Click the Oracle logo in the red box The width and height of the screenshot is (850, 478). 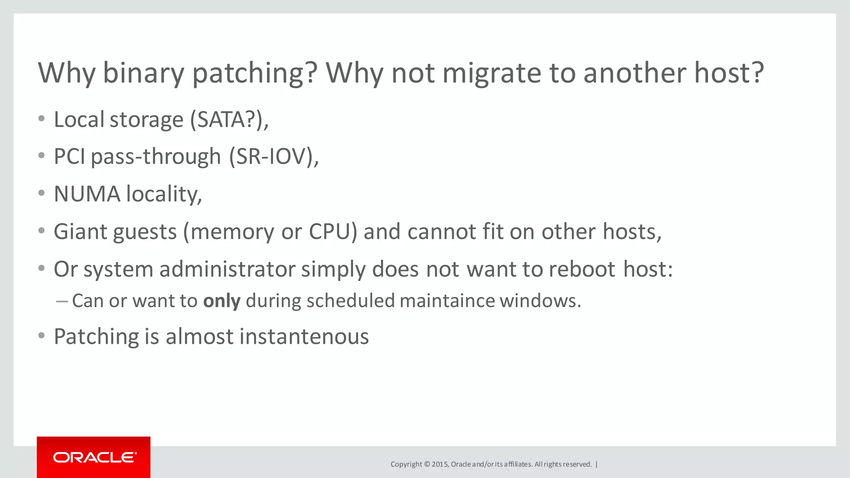point(94,457)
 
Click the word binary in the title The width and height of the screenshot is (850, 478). point(143,73)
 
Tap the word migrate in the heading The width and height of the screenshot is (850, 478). point(492,73)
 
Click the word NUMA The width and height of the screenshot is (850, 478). point(87,194)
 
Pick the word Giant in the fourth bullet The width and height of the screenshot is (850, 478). point(81,232)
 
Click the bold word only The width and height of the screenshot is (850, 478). point(222,301)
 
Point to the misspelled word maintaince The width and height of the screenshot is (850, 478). point(447,301)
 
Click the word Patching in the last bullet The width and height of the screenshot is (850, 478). point(96,337)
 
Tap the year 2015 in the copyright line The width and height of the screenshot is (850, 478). point(440,464)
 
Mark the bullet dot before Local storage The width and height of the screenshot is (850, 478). point(41,119)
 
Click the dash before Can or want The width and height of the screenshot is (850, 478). point(61,301)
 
